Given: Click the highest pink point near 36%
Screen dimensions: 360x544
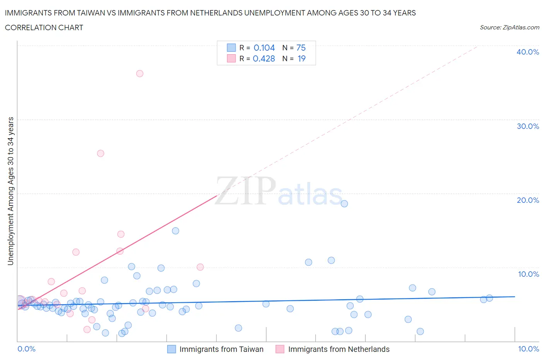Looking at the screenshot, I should (x=140, y=74).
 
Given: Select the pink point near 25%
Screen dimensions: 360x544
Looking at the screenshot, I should (x=101, y=153).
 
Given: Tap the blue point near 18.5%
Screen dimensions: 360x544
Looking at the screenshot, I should (x=344, y=204).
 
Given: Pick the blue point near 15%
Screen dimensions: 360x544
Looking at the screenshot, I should (x=175, y=231).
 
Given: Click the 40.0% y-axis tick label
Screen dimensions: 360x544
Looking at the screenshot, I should (x=528, y=52).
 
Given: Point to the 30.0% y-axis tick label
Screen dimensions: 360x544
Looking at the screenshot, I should (x=528, y=126).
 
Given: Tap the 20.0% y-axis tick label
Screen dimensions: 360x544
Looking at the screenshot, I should (x=528, y=200).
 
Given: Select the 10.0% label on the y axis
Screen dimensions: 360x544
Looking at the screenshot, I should (x=529, y=274).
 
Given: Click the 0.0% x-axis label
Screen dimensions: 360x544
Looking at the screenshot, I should (x=26, y=349).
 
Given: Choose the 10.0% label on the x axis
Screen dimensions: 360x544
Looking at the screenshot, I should (x=529, y=349).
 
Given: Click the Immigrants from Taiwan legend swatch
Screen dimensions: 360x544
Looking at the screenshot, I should (x=171, y=349).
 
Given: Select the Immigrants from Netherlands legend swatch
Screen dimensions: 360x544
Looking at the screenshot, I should (x=280, y=349).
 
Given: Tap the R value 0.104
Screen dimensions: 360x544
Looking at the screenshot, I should (x=264, y=48).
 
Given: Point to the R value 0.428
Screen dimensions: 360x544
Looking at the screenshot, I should (x=264, y=58).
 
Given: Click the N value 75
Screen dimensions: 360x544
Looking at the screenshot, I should (x=301, y=48).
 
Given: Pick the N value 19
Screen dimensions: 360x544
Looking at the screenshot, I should (x=301, y=58).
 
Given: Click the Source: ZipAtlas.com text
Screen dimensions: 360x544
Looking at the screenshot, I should (x=510, y=27).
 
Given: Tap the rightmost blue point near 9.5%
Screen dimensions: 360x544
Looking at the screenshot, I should (x=489, y=298).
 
